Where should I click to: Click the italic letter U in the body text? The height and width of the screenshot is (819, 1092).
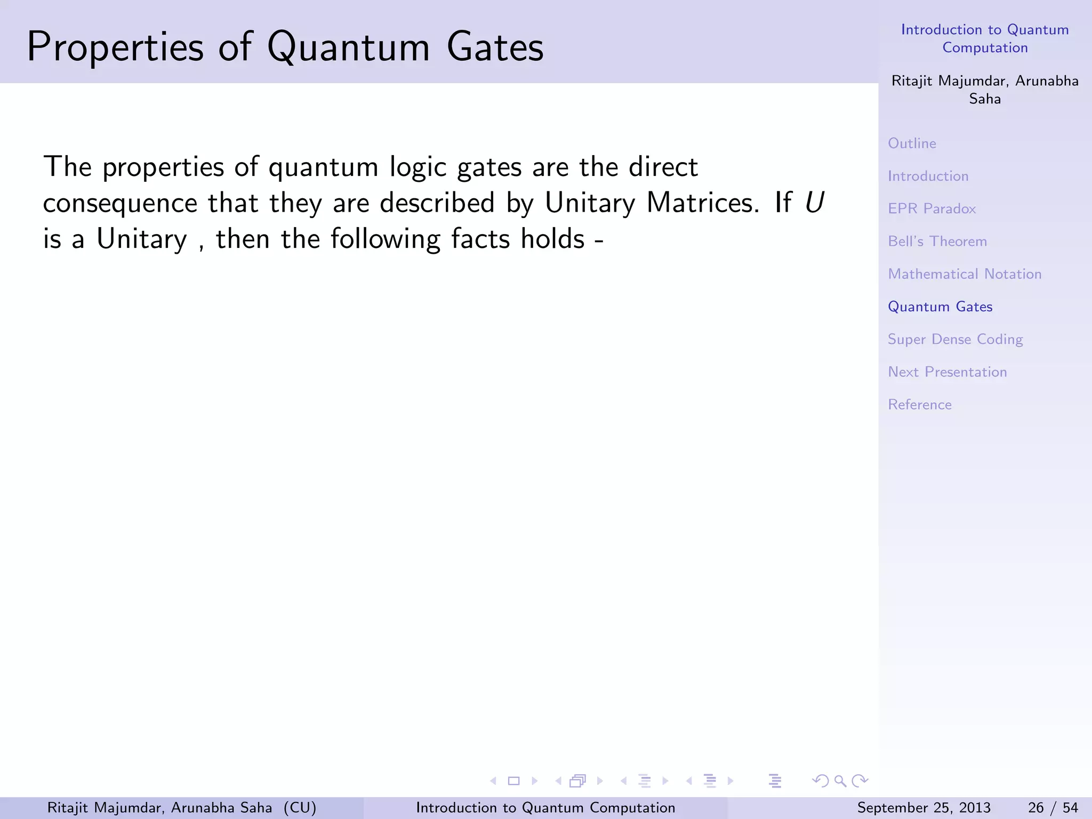point(814,203)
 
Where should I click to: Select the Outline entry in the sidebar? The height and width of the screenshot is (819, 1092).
point(912,143)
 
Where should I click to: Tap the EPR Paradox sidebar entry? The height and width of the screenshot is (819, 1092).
point(932,208)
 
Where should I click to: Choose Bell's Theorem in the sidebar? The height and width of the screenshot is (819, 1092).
point(937,241)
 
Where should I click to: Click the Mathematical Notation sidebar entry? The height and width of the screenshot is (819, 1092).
point(964,274)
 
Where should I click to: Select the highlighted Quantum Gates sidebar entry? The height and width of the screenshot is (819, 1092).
point(940,307)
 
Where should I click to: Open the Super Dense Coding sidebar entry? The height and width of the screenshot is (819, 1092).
point(955,340)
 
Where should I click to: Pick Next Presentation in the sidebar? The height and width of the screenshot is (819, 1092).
point(947,372)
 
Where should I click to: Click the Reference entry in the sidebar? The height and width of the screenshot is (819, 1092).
point(919,405)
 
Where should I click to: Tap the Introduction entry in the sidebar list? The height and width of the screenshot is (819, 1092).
point(928,176)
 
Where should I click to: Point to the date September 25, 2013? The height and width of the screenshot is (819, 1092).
point(924,808)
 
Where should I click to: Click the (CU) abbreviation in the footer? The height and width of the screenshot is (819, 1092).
point(300,808)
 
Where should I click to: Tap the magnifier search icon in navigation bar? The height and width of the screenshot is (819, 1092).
point(840,781)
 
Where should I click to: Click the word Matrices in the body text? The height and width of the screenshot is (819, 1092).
point(702,203)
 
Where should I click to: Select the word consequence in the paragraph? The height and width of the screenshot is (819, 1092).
point(120,204)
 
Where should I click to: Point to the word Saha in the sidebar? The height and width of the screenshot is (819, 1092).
point(984,99)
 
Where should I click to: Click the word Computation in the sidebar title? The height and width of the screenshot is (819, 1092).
point(984,48)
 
